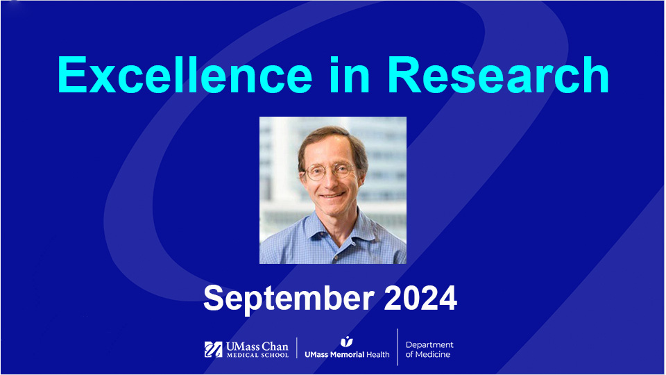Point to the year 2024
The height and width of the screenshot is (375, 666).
pos(420,298)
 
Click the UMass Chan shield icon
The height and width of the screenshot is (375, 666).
pos(213,349)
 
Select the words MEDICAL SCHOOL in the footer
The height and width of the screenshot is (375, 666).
pos(256,356)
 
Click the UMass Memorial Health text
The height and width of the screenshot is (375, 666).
pos(347,354)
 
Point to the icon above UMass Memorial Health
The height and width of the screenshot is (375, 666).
pos(346,341)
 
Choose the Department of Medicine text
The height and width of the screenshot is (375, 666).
pos(429,349)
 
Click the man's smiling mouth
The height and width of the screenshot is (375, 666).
pos(332,197)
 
